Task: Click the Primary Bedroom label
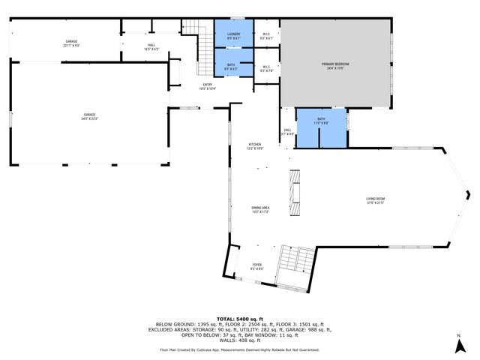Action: (335, 66)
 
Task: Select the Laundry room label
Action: (234, 33)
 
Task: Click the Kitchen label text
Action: (255, 146)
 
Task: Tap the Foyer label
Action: (256, 266)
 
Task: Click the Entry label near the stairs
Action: (207, 86)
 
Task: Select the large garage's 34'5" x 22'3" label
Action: (89, 116)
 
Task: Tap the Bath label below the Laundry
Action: (231, 66)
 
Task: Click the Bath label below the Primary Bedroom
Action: (321, 120)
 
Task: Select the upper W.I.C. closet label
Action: (266, 34)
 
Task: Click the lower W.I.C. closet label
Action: (266, 68)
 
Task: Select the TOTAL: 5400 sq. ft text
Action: (240, 318)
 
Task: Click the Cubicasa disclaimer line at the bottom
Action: (240, 349)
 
